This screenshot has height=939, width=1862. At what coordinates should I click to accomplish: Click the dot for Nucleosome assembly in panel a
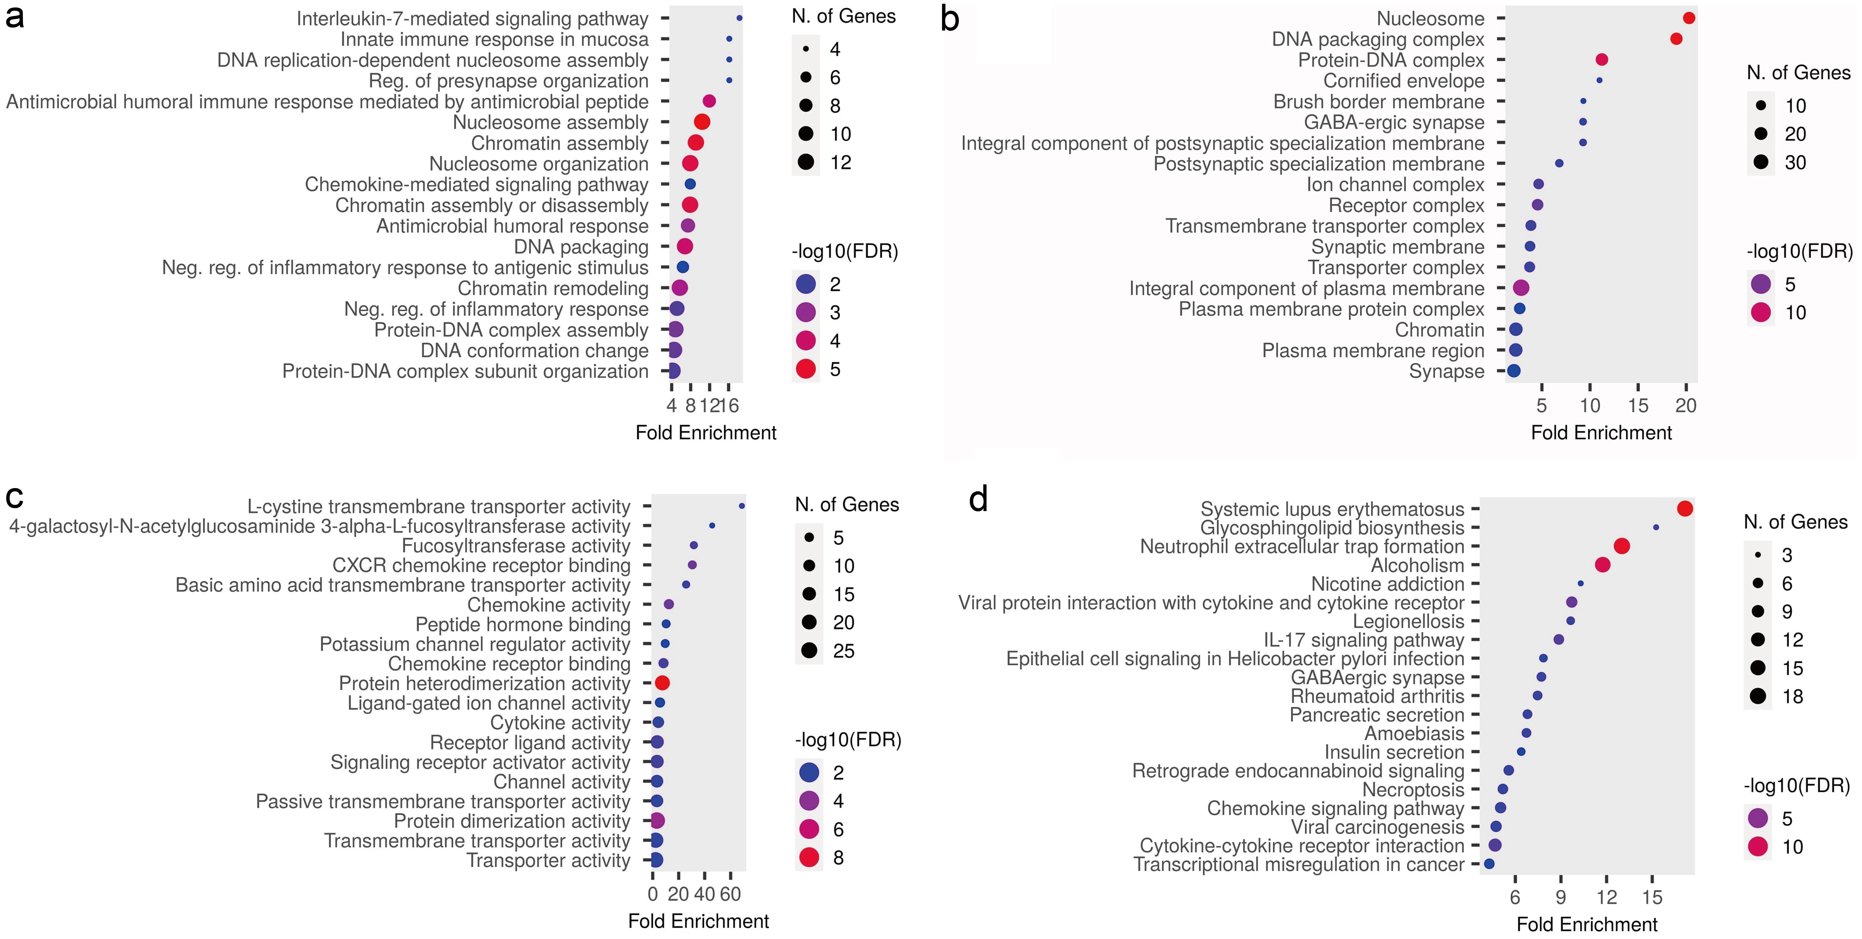701,122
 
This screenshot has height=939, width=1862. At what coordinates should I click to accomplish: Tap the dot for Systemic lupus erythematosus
1684,509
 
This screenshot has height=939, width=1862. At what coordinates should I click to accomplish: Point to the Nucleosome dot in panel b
1688,18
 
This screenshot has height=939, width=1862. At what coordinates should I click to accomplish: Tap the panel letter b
950,20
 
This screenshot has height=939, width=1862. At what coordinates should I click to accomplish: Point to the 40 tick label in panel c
704,894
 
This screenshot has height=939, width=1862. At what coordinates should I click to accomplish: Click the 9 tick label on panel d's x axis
1561,898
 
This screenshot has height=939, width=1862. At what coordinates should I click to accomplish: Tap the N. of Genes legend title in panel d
1795,522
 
